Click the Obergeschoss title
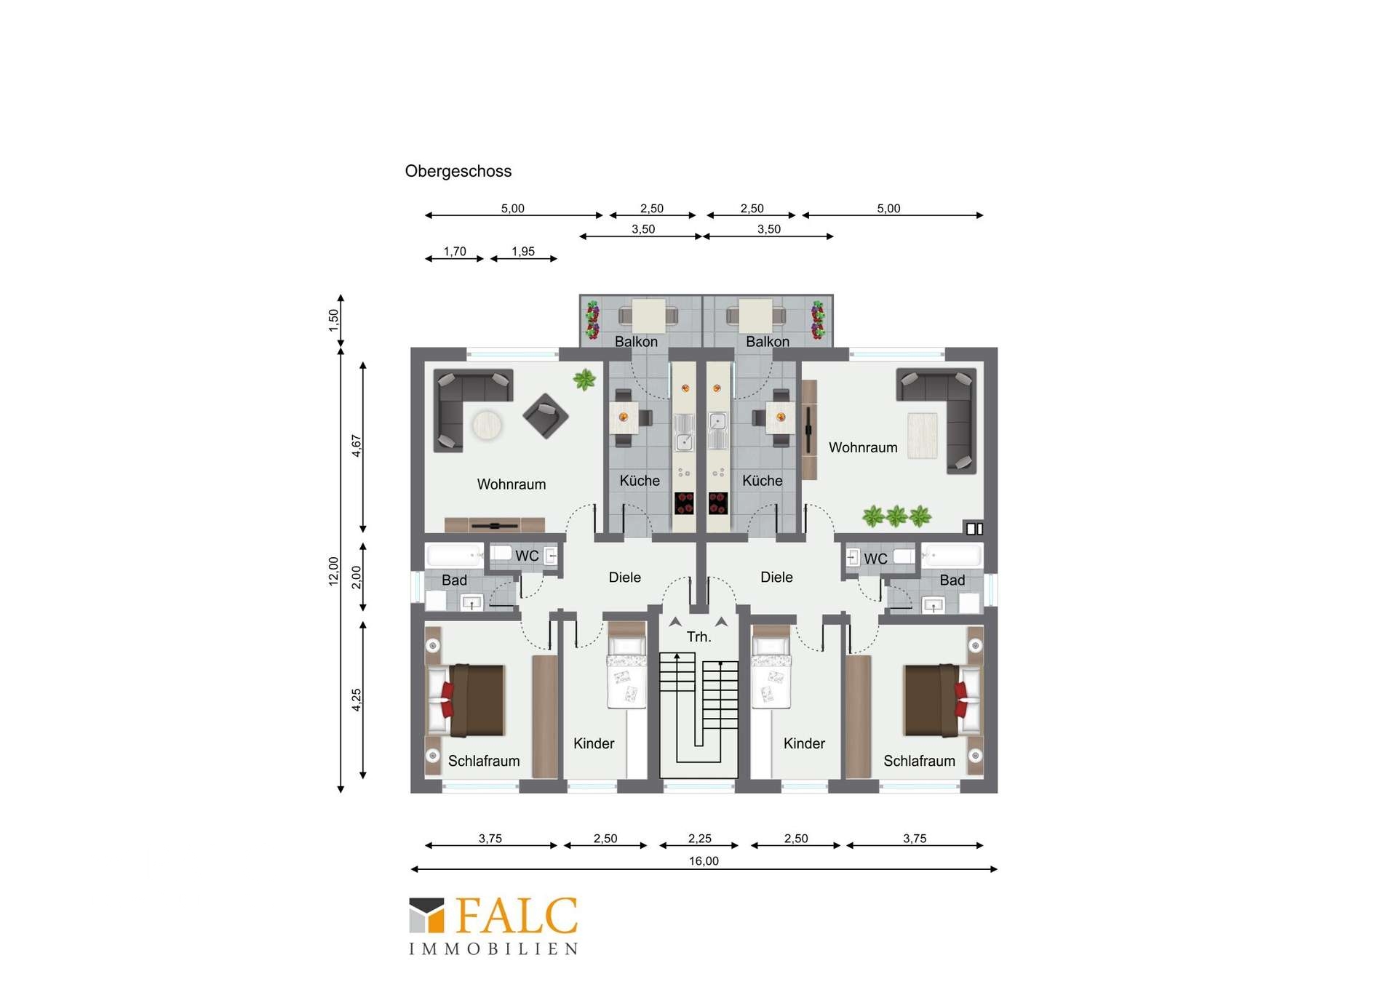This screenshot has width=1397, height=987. click(x=458, y=172)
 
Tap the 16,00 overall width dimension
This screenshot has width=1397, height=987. click(x=704, y=861)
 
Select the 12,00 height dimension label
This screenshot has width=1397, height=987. click(x=334, y=571)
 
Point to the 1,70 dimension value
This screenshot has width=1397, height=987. click(x=455, y=252)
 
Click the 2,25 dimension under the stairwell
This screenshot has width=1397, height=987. click(x=700, y=839)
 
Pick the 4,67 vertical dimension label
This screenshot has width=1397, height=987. click(x=357, y=445)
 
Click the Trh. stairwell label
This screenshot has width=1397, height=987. click(x=698, y=637)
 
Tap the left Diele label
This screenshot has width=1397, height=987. click(x=624, y=578)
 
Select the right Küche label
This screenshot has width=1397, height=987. click(x=763, y=481)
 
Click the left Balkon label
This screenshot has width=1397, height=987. click(x=636, y=342)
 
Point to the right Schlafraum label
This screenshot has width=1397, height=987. click(x=919, y=761)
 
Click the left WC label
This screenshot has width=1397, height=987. click(x=527, y=556)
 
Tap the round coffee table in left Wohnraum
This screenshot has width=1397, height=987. click(x=487, y=425)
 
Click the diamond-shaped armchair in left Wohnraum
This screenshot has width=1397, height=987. click(x=546, y=416)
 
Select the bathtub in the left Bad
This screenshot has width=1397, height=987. click(x=455, y=556)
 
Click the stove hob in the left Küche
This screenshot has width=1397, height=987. click(x=684, y=503)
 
